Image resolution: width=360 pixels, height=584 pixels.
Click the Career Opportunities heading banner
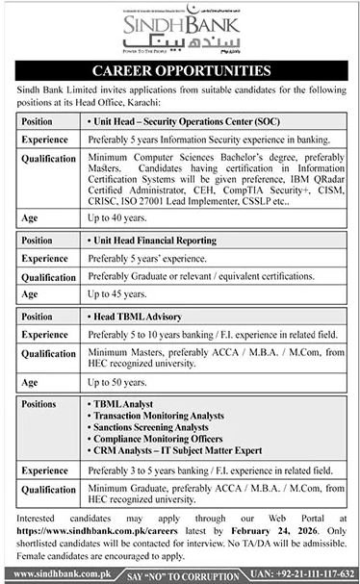tap(180, 71)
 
